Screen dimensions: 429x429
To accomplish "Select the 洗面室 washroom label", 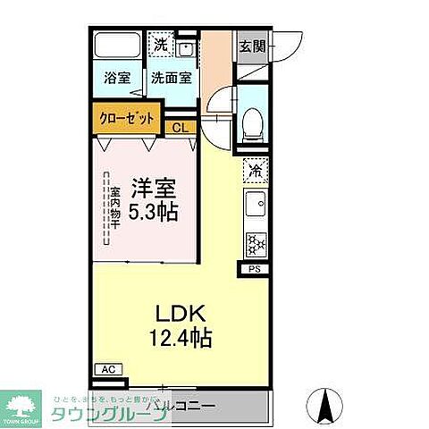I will click(171, 78).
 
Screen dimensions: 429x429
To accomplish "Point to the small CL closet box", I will click(181, 128).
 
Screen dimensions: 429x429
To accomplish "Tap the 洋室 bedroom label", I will click(155, 189).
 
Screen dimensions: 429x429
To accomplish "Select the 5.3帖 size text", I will click(155, 213).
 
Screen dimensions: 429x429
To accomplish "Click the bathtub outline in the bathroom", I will click(116, 46).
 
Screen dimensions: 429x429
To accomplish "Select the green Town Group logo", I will click(24, 406).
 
